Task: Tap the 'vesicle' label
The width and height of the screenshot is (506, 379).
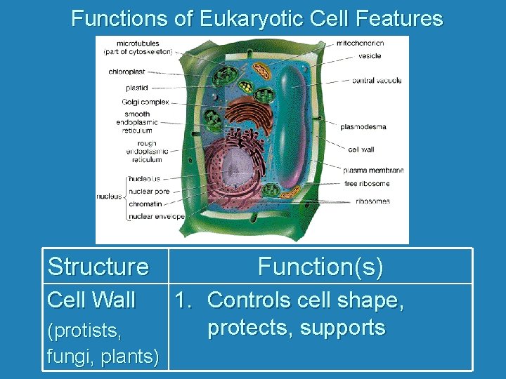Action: pos(370,55)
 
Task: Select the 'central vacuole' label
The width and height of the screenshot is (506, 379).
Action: pos(377,81)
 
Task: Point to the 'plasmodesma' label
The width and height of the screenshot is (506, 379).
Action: pos(363,127)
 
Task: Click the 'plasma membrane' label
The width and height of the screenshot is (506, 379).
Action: pos(374,171)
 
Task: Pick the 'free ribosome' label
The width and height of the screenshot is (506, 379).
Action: pos(366,184)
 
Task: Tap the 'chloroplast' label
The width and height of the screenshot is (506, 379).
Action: pos(127,71)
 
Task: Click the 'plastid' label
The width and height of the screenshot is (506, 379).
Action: pos(136,88)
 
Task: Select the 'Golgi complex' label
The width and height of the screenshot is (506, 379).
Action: pos(145,102)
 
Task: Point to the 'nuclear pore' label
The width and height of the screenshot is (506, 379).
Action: pos(149,191)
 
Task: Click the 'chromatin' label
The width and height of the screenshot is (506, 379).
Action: pos(145,204)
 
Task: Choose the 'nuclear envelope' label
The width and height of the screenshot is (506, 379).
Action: pos(156,217)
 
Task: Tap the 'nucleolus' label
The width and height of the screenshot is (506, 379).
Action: pos(144,178)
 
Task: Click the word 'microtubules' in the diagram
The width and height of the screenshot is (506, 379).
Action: pos(138,44)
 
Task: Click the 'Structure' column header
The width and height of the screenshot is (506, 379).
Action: pos(98,267)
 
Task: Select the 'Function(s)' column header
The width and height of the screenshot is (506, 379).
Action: pos(320,267)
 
